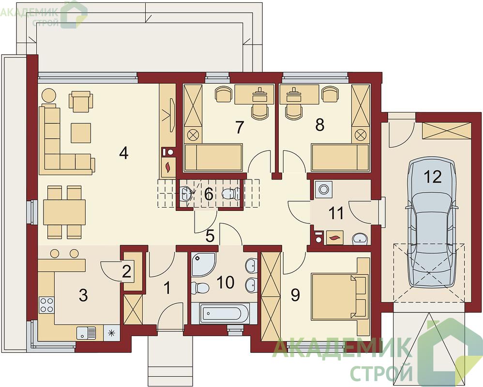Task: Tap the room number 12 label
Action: pyautogui.click(x=433, y=177)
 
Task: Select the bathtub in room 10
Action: pyautogui.click(x=224, y=313)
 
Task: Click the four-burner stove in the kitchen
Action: pyautogui.click(x=46, y=305)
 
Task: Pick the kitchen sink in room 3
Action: pyautogui.click(x=87, y=333)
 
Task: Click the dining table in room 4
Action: pyautogui.click(x=64, y=212)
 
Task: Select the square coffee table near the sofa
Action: pyautogui.click(x=81, y=133)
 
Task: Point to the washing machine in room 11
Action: pyautogui.click(x=323, y=189)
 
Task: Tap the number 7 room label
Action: pyautogui.click(x=239, y=127)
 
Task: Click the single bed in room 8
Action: pyautogui.click(x=340, y=157)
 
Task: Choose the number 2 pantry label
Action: pyautogui.click(x=127, y=271)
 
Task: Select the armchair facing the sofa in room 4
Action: pyautogui.click(x=81, y=101)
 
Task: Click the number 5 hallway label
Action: pyautogui.click(x=210, y=236)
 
